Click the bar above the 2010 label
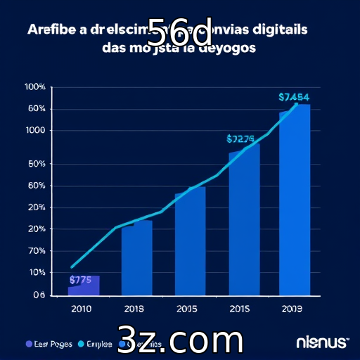point(84,285)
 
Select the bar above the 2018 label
point(136,259)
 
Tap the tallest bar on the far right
point(295,200)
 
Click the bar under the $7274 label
point(244,221)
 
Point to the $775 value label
point(80,279)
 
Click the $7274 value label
point(240,139)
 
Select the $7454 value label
point(294,97)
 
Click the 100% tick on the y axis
point(35,87)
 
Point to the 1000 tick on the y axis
point(35,130)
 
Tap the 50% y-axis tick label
point(37,165)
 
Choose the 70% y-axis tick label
point(37,251)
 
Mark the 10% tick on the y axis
point(37,272)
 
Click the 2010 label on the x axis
point(81,308)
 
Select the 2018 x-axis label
point(134,308)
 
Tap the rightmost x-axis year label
point(292,308)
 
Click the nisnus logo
point(322,342)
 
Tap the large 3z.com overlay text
point(180,340)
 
